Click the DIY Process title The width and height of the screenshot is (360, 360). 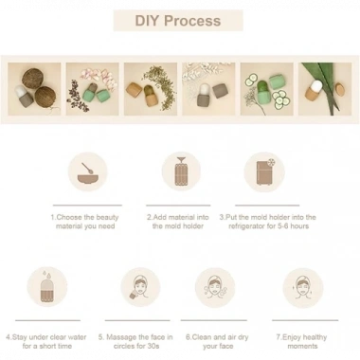(178, 21)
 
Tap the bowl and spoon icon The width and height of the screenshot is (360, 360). (87, 172)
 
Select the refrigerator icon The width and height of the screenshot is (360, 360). (264, 172)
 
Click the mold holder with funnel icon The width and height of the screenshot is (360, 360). (181, 171)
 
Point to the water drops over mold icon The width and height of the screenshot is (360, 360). (46, 287)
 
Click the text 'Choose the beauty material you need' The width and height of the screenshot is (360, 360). (85, 222)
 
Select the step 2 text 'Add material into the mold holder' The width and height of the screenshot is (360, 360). (178, 222)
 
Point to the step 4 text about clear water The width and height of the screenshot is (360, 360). (46, 341)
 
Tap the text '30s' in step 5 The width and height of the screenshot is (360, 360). (153, 346)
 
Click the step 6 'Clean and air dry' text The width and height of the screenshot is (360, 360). (217, 337)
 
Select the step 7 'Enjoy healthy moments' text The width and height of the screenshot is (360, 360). (301, 341)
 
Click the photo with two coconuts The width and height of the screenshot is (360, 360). (34, 89)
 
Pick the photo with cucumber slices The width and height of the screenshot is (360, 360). (267, 89)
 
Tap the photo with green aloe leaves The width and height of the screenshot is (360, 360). (325, 89)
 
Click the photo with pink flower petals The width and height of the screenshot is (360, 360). (93, 89)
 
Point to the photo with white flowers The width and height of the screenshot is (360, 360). (208, 89)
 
